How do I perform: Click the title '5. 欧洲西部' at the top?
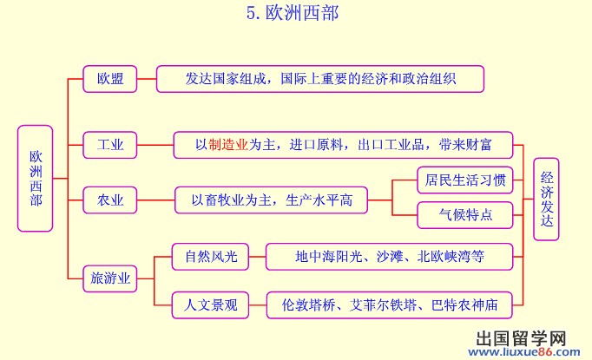click(x=293, y=13)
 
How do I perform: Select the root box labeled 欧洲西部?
click(x=35, y=179)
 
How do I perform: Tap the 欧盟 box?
click(x=110, y=79)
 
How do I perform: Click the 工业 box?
click(x=110, y=145)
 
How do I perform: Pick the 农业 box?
click(x=110, y=200)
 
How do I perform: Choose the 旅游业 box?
click(x=110, y=278)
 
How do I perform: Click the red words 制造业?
click(x=228, y=145)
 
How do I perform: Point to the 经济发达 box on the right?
click(x=546, y=200)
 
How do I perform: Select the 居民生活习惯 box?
click(x=465, y=180)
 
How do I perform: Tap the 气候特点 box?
click(x=465, y=215)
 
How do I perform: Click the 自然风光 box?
click(x=210, y=257)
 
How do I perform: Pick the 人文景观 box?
click(x=210, y=305)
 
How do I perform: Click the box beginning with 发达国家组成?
click(x=320, y=79)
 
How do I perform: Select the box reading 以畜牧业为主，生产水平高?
click(x=271, y=200)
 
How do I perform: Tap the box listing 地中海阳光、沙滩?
click(x=389, y=257)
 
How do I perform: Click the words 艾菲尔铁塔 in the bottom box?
click(x=383, y=305)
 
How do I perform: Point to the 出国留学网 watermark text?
click(x=521, y=338)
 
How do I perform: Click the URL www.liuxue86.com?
click(x=524, y=352)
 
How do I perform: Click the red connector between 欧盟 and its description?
click(x=147, y=79)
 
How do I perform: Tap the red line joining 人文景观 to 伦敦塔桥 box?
click(x=258, y=305)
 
